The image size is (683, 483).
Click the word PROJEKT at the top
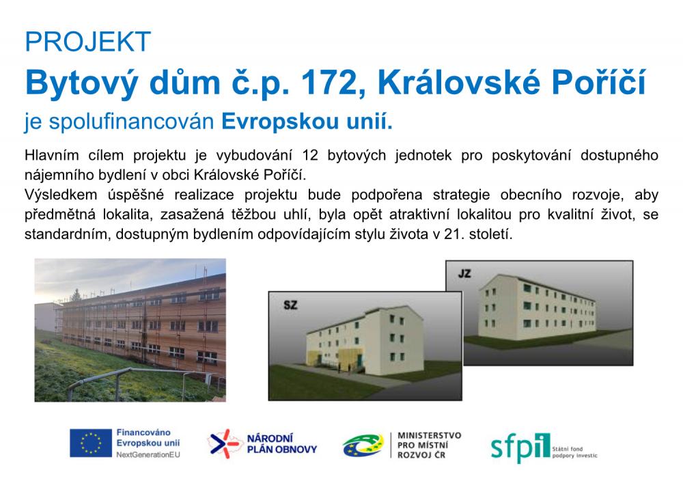pyautogui.click(x=87, y=42)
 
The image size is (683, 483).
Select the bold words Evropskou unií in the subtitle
pyautogui.click(x=308, y=123)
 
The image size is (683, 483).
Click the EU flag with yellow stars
pyautogui.click(x=90, y=443)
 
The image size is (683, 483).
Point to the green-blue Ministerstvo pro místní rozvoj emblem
pyautogui.click(x=363, y=445)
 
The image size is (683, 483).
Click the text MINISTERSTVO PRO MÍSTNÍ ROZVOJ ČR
pyautogui.click(x=429, y=445)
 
